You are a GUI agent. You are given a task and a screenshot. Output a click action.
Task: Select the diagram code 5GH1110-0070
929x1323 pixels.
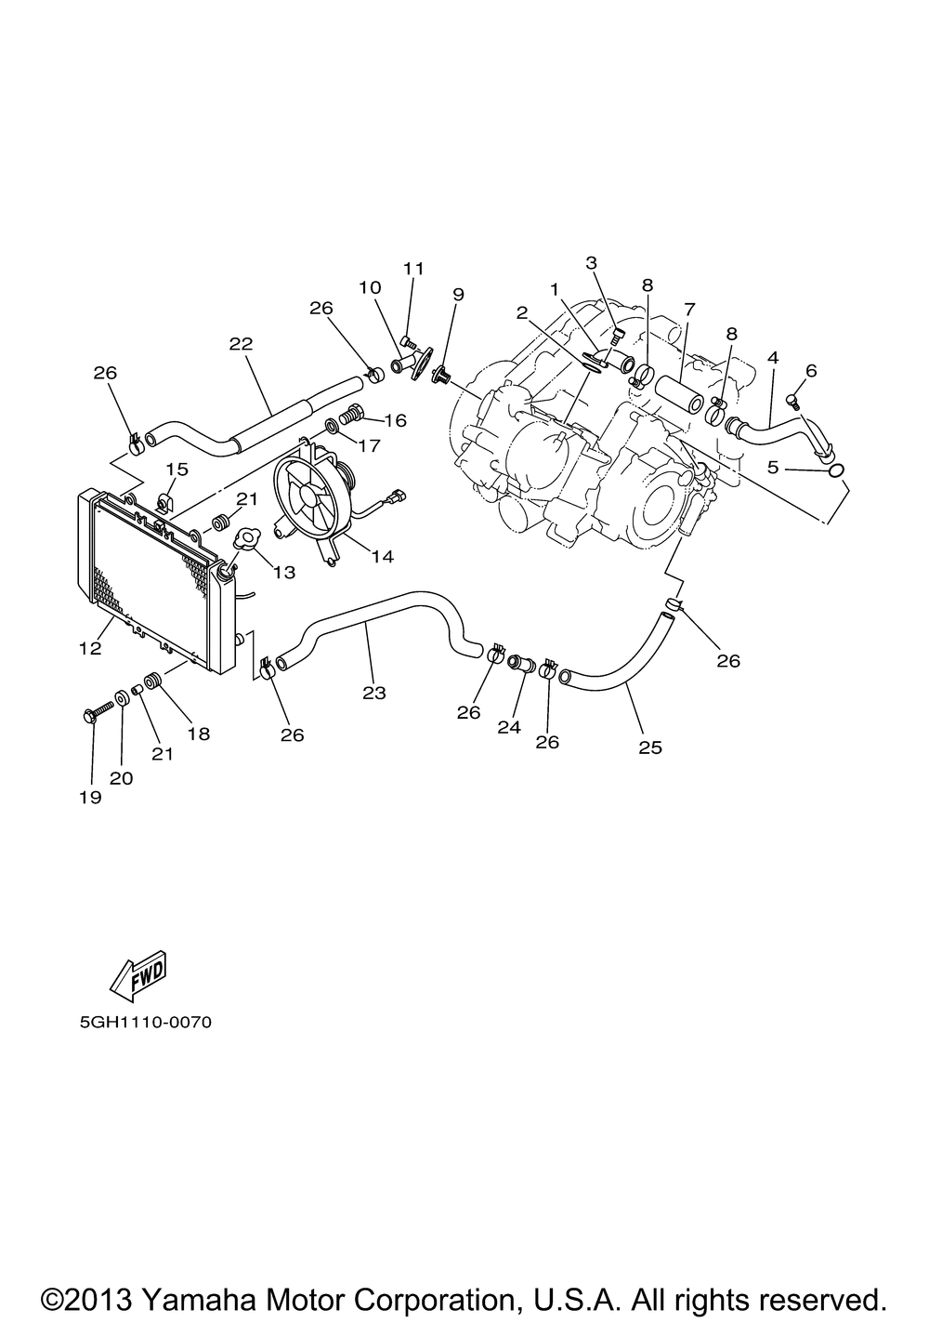click(x=146, y=1023)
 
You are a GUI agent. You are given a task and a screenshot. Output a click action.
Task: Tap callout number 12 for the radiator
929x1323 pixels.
click(x=90, y=647)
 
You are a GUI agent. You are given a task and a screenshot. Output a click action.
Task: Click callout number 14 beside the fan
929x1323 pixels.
click(x=382, y=557)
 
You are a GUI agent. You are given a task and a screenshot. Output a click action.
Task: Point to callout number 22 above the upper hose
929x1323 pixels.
click(x=241, y=343)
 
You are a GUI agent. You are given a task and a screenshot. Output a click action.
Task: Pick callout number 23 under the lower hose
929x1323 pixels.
click(x=374, y=693)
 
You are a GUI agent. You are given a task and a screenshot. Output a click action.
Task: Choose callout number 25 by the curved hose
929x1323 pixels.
click(x=650, y=747)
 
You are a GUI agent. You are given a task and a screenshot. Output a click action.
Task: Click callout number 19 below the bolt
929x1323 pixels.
click(x=90, y=797)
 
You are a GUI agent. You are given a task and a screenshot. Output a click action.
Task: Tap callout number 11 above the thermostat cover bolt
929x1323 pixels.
click(x=413, y=269)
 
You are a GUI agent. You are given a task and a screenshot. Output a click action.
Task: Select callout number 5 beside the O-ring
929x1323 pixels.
click(x=773, y=468)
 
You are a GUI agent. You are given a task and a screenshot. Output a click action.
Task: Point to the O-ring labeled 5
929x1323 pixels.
click(x=835, y=471)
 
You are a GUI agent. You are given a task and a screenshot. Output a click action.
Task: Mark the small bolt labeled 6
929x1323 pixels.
click(x=792, y=400)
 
